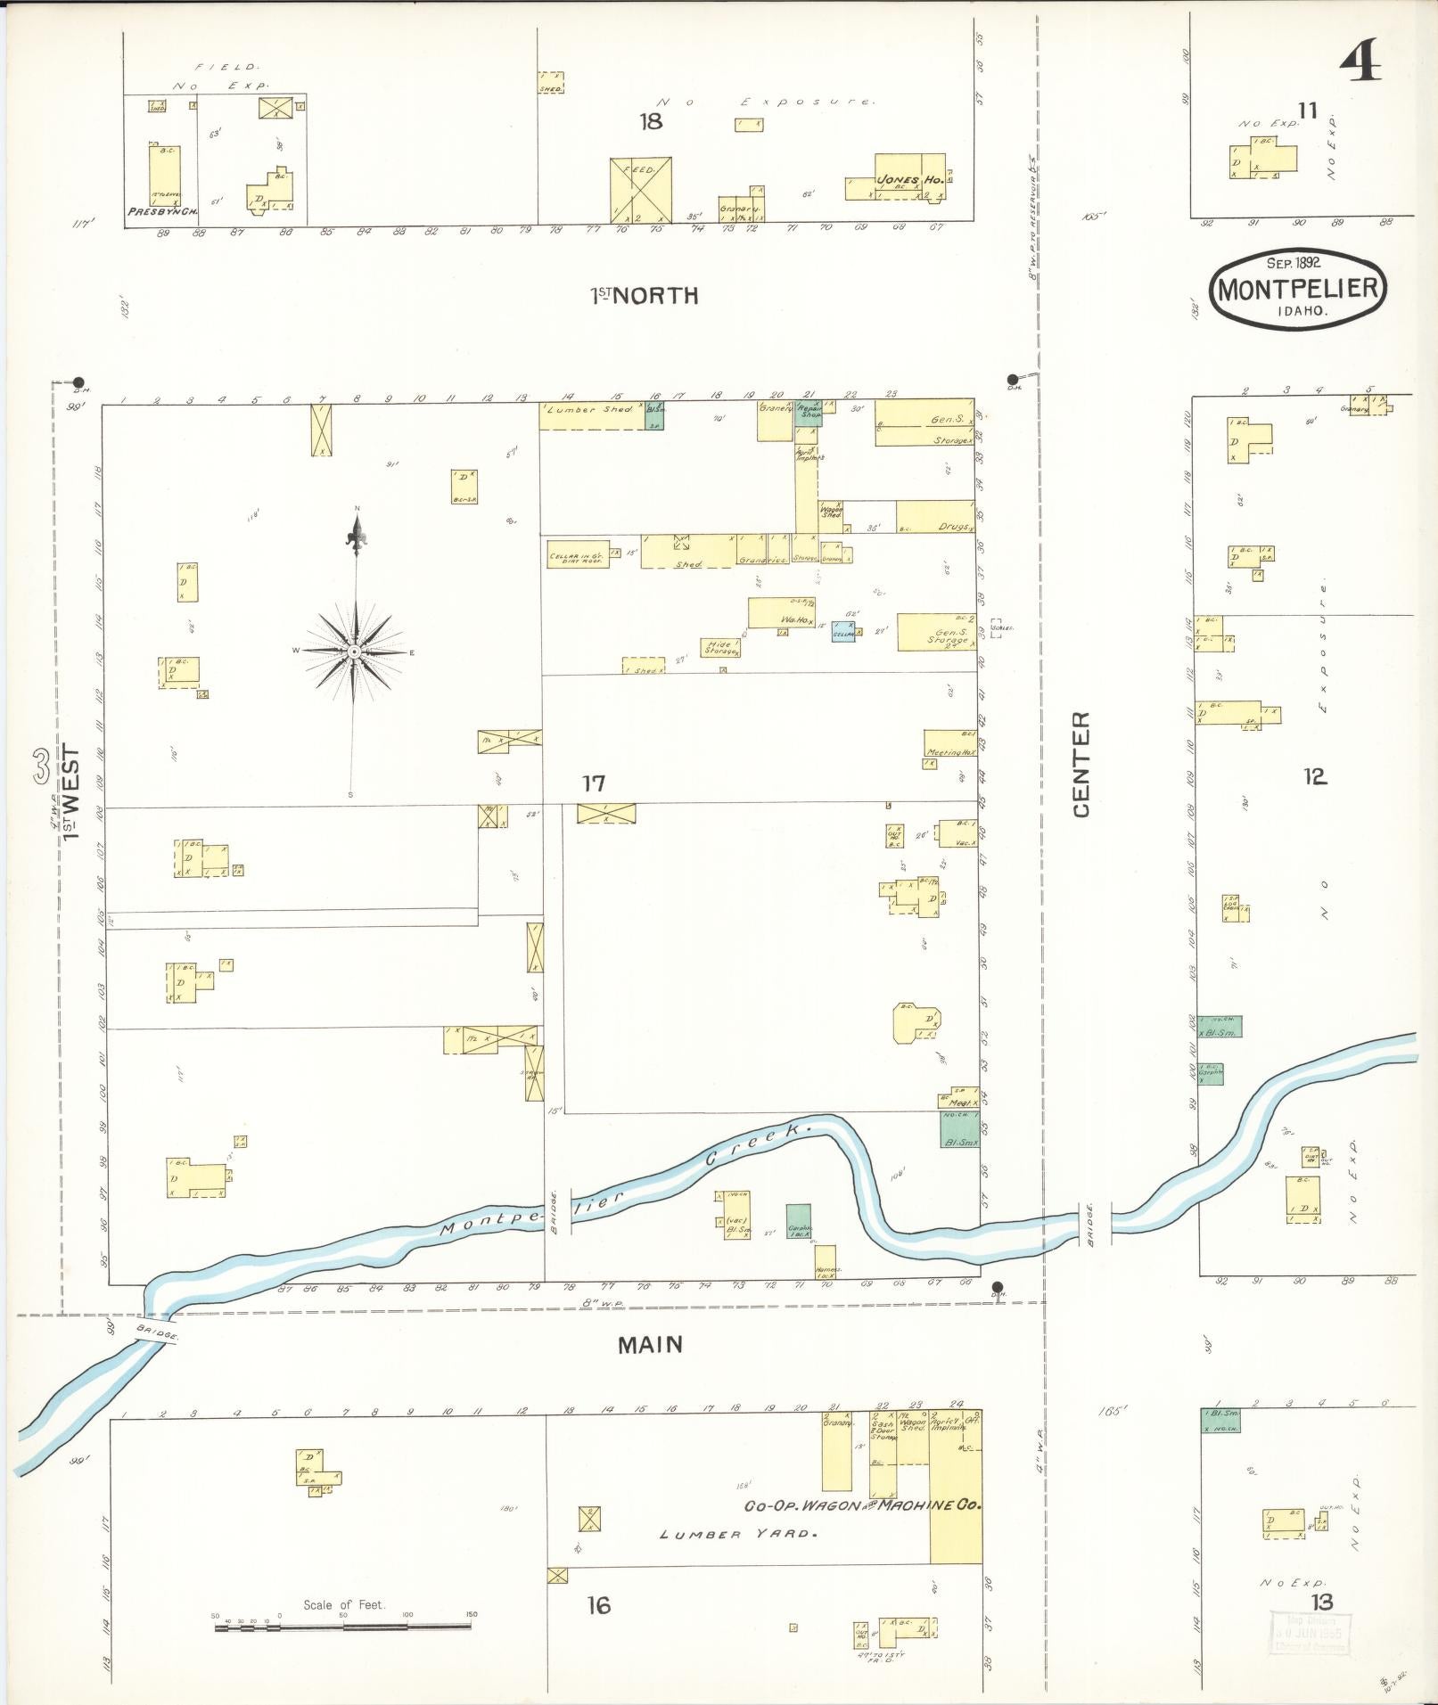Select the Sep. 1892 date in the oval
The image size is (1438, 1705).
pyautogui.click(x=1293, y=263)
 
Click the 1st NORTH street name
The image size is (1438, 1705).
pyautogui.click(x=645, y=296)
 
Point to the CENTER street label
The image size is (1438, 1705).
pyautogui.click(x=1081, y=764)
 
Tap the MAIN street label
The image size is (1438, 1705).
pyautogui.click(x=650, y=1345)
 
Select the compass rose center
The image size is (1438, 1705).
pyautogui.click(x=354, y=652)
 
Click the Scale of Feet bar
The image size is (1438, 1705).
pyautogui.click(x=343, y=1627)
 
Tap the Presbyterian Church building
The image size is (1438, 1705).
pyautogui.click(x=164, y=177)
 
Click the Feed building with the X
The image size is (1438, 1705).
pyautogui.click(x=640, y=190)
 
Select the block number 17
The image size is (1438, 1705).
pyautogui.click(x=594, y=783)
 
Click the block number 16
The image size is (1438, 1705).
pyautogui.click(x=598, y=1605)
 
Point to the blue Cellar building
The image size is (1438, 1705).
pyautogui.click(x=843, y=632)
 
